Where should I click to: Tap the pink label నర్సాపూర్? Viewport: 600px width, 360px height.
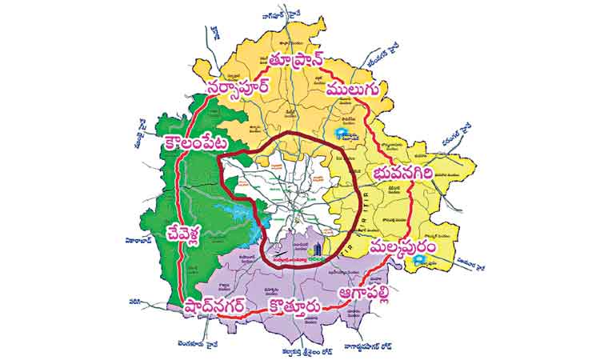pyautogui.click(x=246, y=88)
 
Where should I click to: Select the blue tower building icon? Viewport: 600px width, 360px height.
pyautogui.click(x=316, y=249)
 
